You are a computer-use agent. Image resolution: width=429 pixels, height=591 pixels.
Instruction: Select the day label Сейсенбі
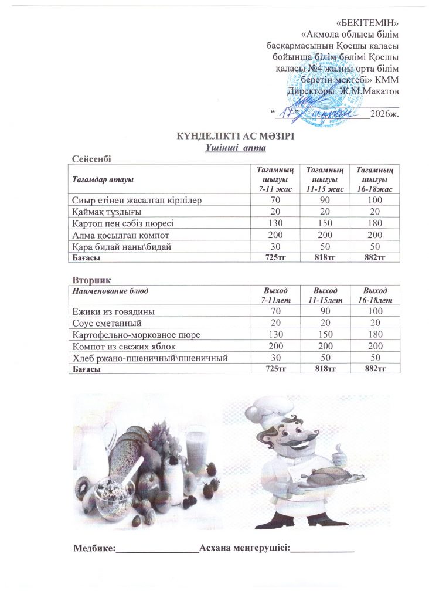[91, 158]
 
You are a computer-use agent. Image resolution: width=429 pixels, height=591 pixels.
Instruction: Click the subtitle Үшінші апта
[235, 147]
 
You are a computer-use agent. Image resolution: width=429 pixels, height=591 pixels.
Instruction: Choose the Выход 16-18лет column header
[374, 295]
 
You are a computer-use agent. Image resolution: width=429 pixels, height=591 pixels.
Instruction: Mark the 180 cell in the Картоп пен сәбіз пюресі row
[374, 223]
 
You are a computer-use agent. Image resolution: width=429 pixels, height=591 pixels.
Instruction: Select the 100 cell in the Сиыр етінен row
[374, 201]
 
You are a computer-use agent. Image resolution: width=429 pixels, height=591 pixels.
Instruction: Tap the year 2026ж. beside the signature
[386, 113]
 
